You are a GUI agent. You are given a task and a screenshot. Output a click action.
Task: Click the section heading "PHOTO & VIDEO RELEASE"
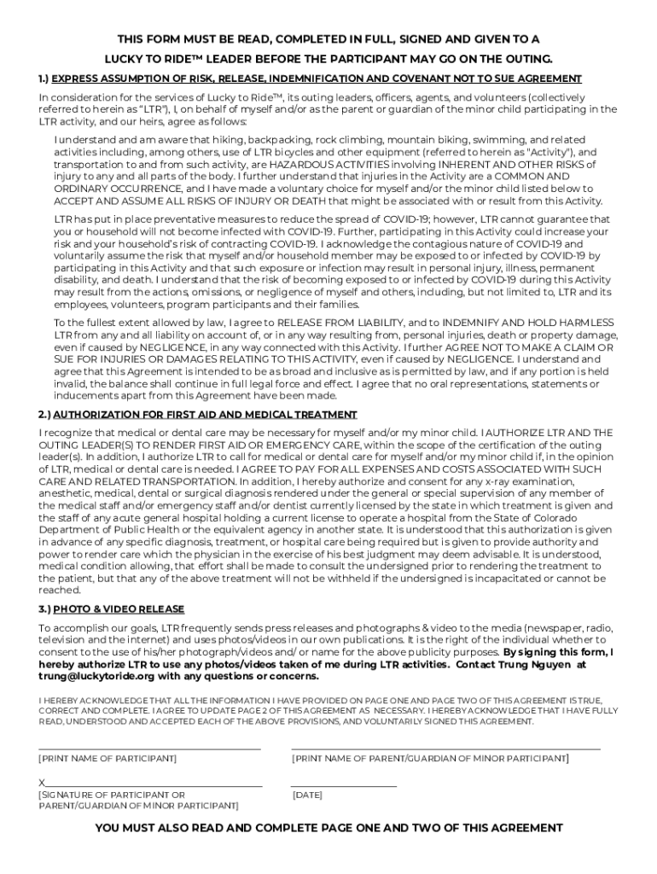tap(119, 609)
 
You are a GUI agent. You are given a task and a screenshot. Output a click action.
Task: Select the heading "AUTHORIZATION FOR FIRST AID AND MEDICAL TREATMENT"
tap(205, 415)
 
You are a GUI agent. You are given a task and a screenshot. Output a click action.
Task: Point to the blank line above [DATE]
tap(344, 784)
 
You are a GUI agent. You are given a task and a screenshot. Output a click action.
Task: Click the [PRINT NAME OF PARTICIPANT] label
tap(108, 758)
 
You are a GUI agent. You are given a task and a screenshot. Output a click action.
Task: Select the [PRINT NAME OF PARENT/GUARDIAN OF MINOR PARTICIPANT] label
tap(430, 758)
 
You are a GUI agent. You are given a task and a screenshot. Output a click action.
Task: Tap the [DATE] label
tap(307, 795)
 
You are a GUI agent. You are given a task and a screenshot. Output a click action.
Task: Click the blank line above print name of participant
tap(149, 749)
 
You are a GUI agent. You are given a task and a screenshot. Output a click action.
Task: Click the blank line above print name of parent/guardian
tap(445, 749)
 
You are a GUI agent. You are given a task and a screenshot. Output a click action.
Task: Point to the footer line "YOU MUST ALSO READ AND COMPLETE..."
tap(328, 828)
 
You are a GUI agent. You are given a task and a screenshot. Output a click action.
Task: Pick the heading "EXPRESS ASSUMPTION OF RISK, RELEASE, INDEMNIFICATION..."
tap(316, 79)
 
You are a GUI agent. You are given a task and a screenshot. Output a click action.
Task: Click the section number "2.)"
tap(44, 415)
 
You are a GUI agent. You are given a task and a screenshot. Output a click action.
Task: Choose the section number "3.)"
tap(44, 609)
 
